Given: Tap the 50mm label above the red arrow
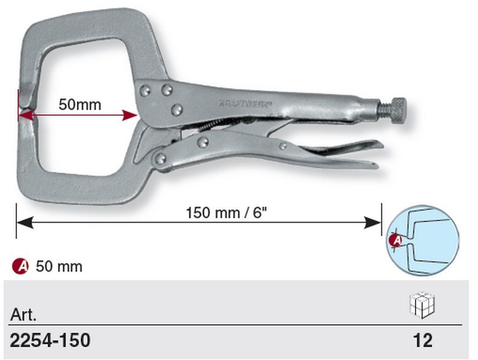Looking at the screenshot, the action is [x=80, y=104].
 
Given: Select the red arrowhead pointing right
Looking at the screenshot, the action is [x=130, y=115].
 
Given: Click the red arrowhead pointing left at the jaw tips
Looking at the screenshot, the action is [x=26, y=115].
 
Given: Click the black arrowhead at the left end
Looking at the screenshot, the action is [x=25, y=223].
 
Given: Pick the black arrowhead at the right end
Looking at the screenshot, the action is [x=372, y=223].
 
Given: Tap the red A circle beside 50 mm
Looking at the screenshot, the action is [x=20, y=266].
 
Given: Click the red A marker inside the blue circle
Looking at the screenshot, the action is [x=396, y=241].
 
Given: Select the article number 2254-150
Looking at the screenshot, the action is [x=50, y=340].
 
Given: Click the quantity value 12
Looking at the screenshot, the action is [x=423, y=340].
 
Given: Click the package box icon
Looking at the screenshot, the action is [x=423, y=305].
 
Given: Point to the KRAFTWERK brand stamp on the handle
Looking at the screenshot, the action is [x=245, y=104].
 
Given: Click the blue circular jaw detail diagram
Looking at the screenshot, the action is [x=423, y=241].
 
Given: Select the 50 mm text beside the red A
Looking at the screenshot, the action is [x=59, y=267].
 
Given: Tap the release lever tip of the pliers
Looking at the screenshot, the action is [x=378, y=144].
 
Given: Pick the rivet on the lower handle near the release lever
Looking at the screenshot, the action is [x=283, y=146].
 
